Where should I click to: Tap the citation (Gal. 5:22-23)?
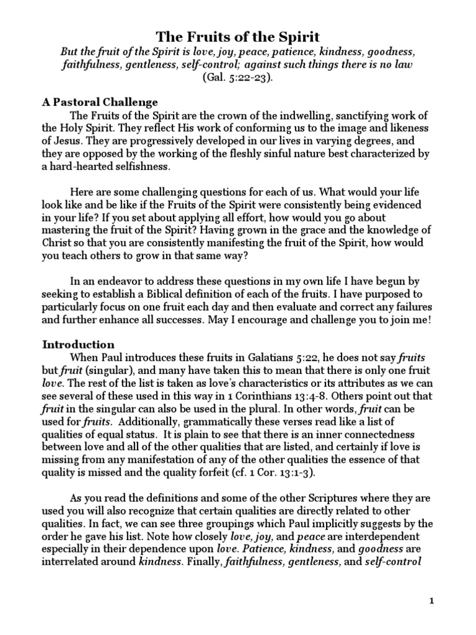237,78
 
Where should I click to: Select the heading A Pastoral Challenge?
100,102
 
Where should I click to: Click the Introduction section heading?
77,344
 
